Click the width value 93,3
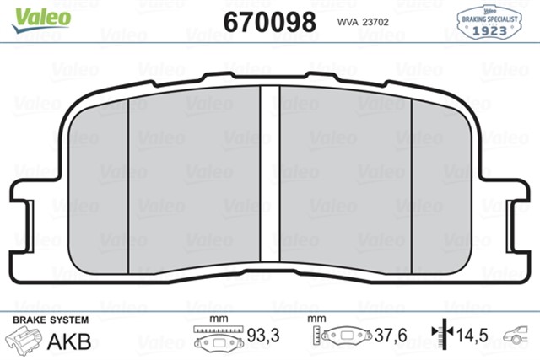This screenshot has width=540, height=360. coord(264,336)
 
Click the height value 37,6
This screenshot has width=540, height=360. coord(391,336)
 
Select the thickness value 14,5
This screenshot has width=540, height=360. coord(471,336)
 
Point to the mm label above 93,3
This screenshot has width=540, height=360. coord(219,320)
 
